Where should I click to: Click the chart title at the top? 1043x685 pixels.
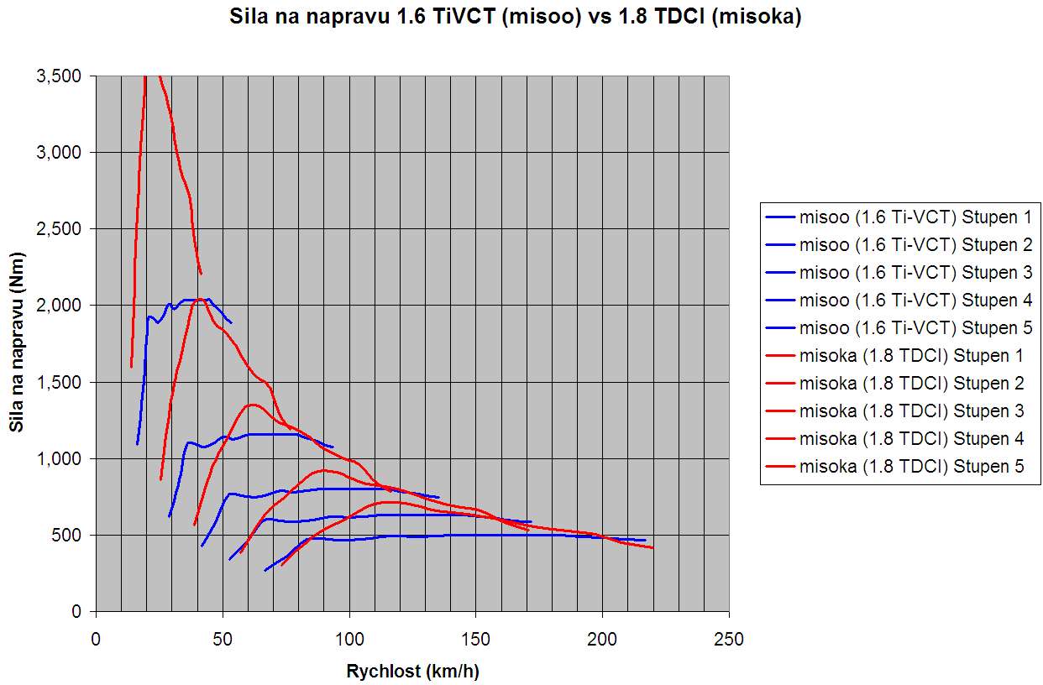click(x=516, y=17)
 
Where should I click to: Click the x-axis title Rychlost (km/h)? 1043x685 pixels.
click(x=412, y=671)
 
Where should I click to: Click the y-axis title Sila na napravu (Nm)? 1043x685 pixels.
click(x=17, y=345)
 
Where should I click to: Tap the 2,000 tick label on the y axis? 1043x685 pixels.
click(x=64, y=306)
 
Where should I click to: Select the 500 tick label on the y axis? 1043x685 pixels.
click(x=71, y=536)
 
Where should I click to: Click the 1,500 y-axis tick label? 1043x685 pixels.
click(x=64, y=383)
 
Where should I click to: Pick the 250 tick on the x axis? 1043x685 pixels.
click(x=728, y=640)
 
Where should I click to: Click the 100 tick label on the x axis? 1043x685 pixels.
click(x=349, y=640)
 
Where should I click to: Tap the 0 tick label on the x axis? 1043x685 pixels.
click(x=96, y=640)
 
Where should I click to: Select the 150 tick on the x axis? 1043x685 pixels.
click(x=475, y=640)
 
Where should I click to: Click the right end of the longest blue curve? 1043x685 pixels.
click(x=645, y=541)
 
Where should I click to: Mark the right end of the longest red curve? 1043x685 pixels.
click(x=653, y=548)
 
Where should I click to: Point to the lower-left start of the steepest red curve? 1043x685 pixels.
click(x=131, y=366)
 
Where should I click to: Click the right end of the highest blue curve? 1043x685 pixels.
click(x=231, y=322)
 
